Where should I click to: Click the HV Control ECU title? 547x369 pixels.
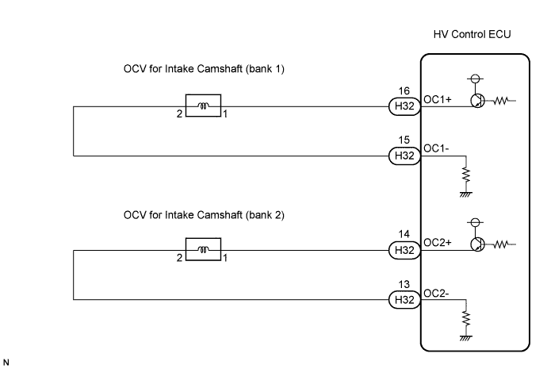coord(473,37)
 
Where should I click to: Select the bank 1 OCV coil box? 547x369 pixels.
coord(203,106)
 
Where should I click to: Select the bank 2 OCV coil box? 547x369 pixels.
coord(203,251)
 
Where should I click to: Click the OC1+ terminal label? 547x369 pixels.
coord(438,99)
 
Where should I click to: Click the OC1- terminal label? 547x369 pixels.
coord(436,148)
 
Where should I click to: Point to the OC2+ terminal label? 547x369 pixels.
coord(438,244)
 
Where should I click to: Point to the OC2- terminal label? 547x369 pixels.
coord(436,293)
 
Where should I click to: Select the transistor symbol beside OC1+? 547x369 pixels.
coord(476,101)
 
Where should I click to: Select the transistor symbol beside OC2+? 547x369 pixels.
coord(476,245)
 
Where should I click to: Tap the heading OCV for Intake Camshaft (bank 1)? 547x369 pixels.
coord(204,69)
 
